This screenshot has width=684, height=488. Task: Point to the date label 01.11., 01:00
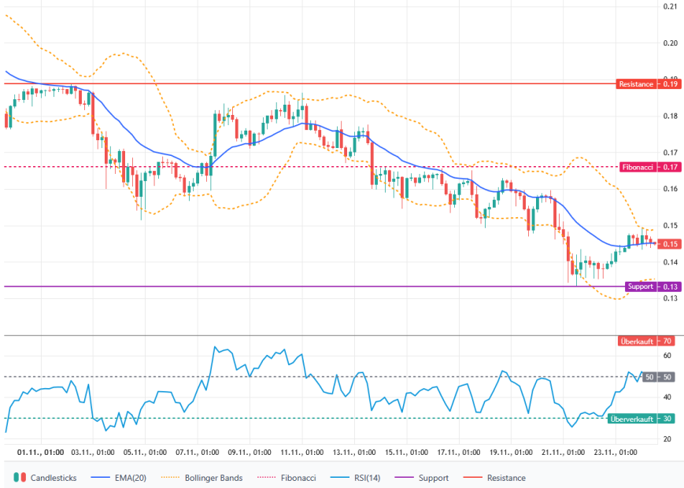[41, 453]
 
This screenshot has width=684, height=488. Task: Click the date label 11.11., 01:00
[303, 453]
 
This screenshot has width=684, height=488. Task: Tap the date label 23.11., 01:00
[616, 453]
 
